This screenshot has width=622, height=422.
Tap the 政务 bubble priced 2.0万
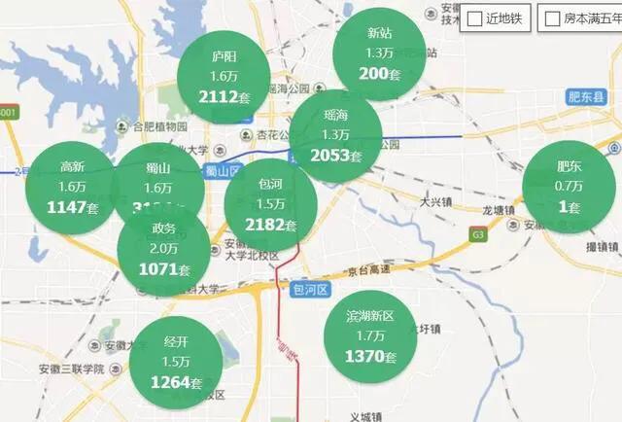[163, 248]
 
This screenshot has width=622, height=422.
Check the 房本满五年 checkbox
[552, 18]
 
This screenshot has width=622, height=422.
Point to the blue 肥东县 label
[586, 97]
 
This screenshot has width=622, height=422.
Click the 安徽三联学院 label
[71, 369]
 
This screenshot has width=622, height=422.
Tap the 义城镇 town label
[370, 416]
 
